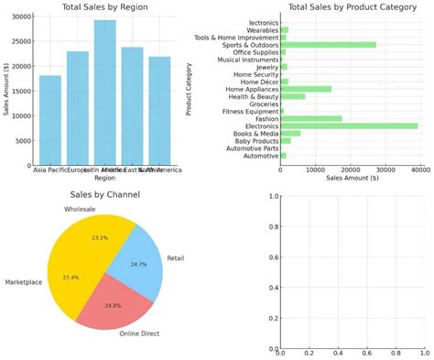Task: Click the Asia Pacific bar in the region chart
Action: tap(49, 120)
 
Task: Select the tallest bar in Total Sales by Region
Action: tap(104, 93)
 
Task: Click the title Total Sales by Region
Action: tap(104, 7)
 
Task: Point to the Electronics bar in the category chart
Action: tap(348, 126)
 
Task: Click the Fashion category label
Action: tap(266, 118)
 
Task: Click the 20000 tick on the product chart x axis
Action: tap(350, 169)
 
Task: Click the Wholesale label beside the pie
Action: tap(81, 211)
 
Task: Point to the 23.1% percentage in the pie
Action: tap(101, 237)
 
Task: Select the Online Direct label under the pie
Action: tap(139, 333)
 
